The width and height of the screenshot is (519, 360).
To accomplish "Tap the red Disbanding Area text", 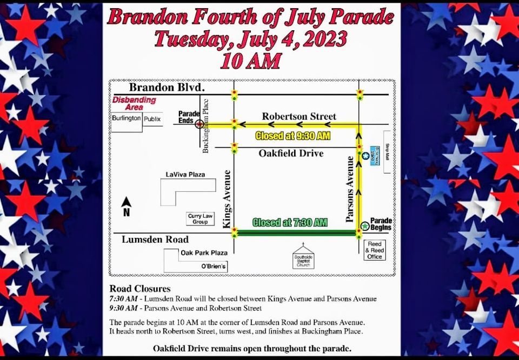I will pos(134,103).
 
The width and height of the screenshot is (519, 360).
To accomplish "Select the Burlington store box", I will pos(127,118).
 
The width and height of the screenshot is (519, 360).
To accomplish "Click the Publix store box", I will pos(152,118).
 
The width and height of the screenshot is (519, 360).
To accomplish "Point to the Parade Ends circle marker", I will pos(199,124).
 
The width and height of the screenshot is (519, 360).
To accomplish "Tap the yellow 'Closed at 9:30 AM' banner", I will pos(292,136).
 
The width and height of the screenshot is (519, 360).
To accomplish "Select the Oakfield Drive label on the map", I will pos(291,154).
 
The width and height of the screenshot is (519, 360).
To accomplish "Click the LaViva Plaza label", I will pos(183,174).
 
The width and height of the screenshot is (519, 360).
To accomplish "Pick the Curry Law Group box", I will pos(197,218).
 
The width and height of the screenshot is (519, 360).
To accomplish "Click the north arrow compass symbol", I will pos(127,206).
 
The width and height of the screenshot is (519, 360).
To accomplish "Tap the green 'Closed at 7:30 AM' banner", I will pos(290,222).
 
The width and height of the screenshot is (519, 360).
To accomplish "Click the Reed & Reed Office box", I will pos(375,250).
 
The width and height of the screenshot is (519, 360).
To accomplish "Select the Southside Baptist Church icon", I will pos(303,256).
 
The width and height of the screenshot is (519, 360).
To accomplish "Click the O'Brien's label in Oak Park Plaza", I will pos(214,266).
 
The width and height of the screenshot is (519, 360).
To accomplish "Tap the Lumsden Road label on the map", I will pos(151,239).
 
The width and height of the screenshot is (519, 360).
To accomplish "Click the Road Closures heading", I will pos(140,289).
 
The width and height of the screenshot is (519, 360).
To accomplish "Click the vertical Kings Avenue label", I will pos(227,198).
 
